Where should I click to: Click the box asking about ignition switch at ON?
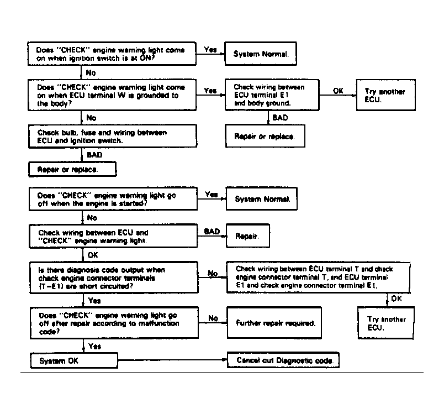pyautogui.click(x=112, y=54)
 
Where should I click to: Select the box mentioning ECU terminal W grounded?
pyautogui.click(x=112, y=95)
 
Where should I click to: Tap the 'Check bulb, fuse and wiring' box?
pyautogui.click(x=113, y=137)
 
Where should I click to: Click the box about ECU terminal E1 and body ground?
pyautogui.click(x=272, y=95)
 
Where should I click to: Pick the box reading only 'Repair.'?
pyautogui.click(x=248, y=236)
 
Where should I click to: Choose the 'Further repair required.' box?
pyautogui.click(x=274, y=322)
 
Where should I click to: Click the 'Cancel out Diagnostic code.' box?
pyautogui.click(x=283, y=360)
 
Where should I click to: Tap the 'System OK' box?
pyautogui.click(x=74, y=360)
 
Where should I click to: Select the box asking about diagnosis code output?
pyautogui.click(x=114, y=277)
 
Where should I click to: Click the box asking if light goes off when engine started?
pyautogui.click(x=113, y=199)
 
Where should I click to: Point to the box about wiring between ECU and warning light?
pyautogui.click(x=113, y=236)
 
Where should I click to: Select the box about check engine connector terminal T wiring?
pyautogui.click(x=318, y=277)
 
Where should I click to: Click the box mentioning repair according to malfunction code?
pyautogui.click(x=114, y=323)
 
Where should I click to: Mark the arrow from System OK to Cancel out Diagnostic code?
pyautogui.click(x=172, y=360)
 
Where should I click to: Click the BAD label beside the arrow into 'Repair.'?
pyautogui.click(x=212, y=232)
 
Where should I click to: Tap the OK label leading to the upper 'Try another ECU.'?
pyautogui.click(x=338, y=91)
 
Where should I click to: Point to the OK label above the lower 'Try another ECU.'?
pyautogui.click(x=397, y=298)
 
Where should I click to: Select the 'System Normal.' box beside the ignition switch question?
pyautogui.click(x=261, y=54)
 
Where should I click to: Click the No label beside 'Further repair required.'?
pyautogui.click(x=213, y=318)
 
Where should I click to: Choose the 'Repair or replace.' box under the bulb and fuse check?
pyautogui.click(x=72, y=170)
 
